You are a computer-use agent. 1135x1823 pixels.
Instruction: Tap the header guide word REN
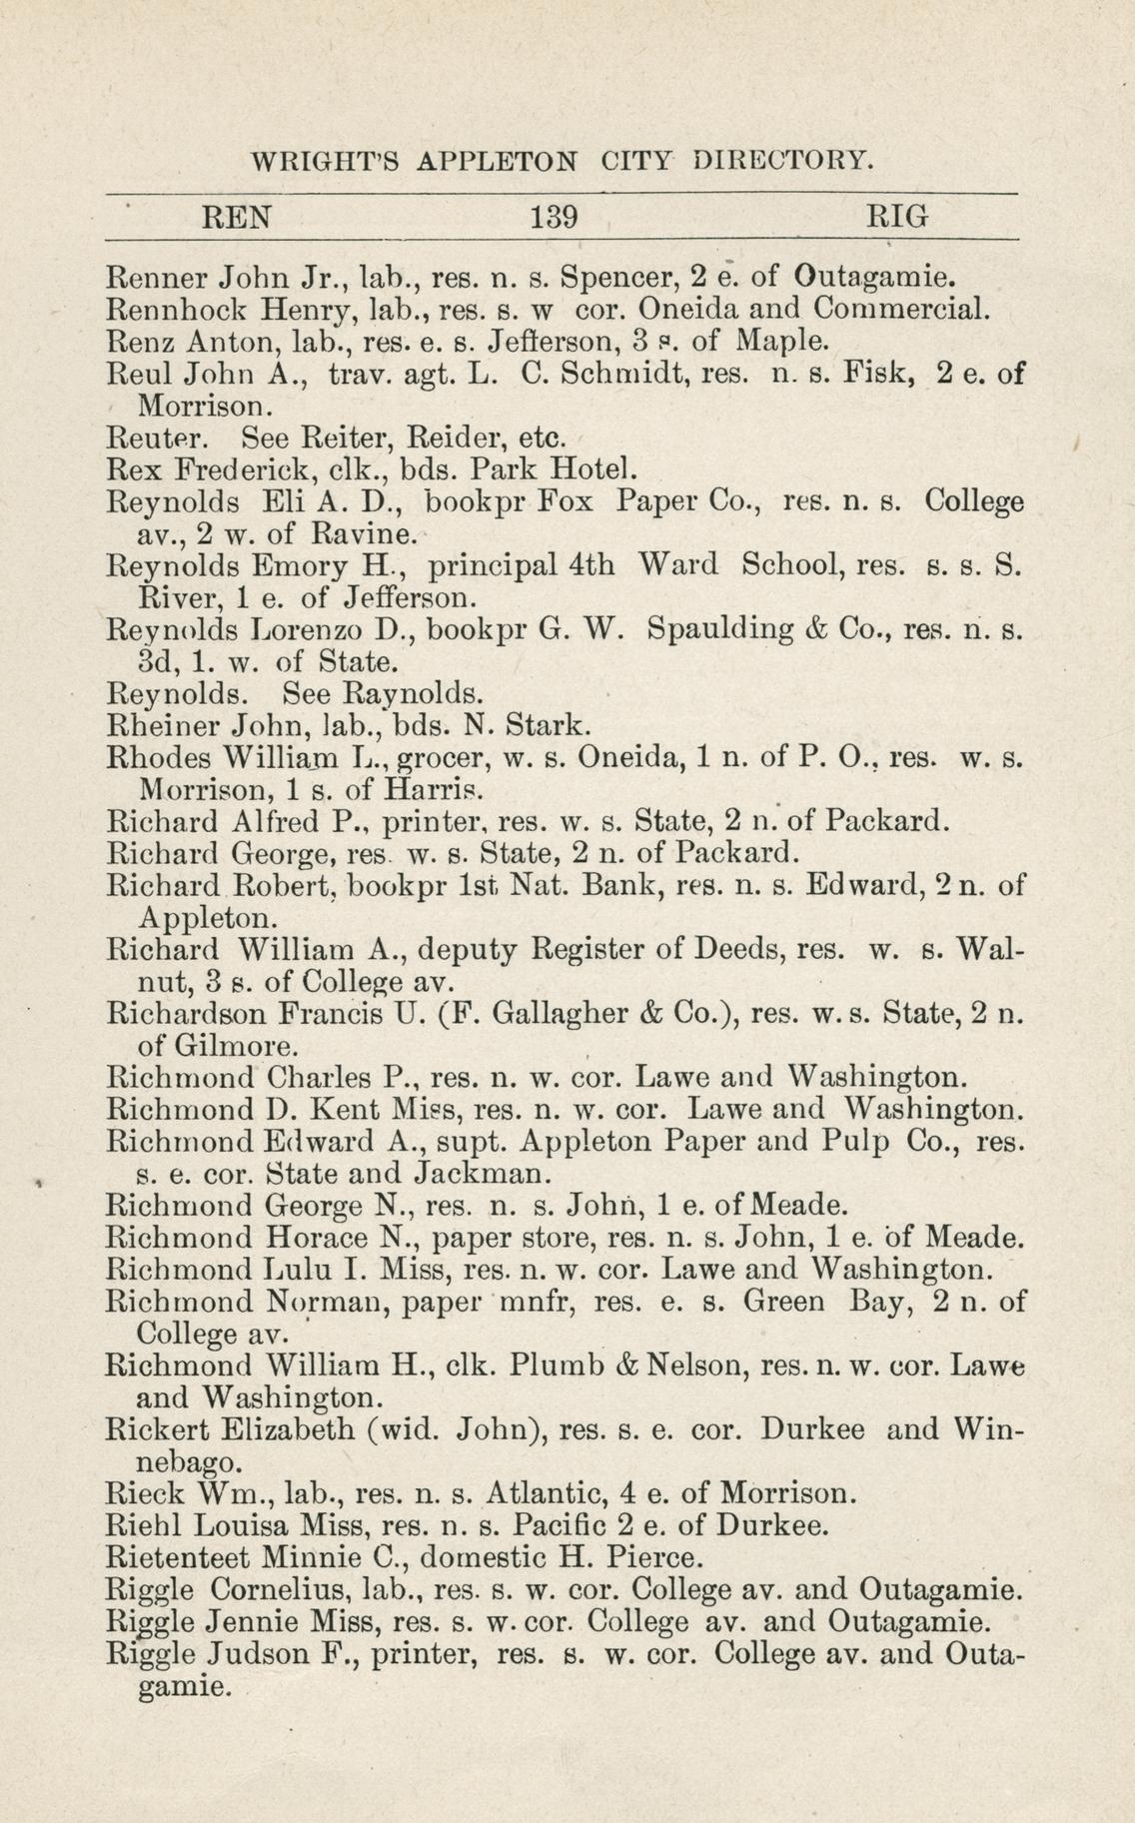click(x=238, y=217)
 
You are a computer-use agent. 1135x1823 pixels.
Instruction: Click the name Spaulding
click(x=727, y=630)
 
